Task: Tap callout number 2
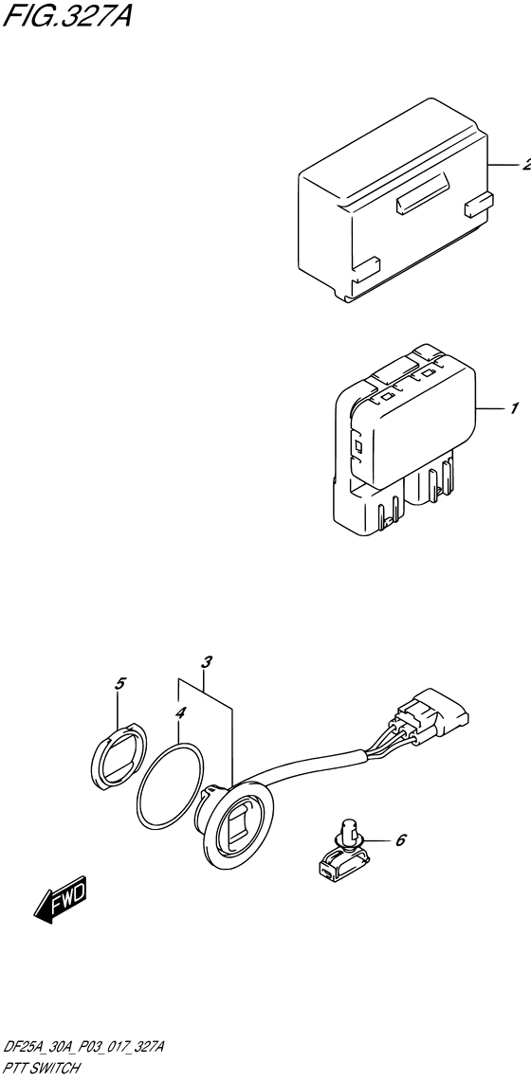coord(524,164)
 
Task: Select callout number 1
coord(512,409)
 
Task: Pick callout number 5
coord(119,683)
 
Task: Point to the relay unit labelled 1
coord(398,436)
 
